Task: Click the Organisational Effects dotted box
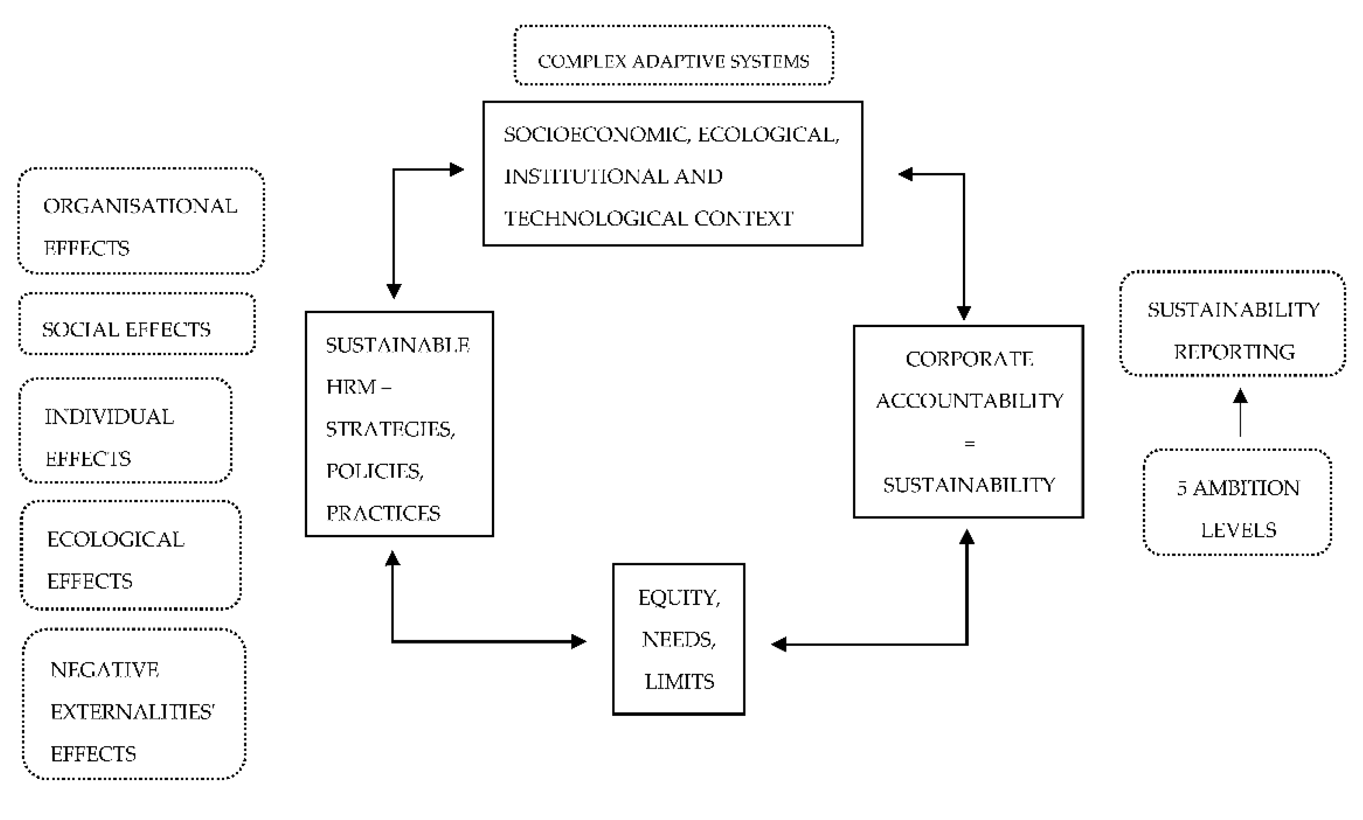coord(141,221)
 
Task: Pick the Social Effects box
coord(137,324)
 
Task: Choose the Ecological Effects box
coord(131,555)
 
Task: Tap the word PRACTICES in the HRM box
coord(383,513)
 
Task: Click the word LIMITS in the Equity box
coord(679,682)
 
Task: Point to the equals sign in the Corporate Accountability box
coord(969,444)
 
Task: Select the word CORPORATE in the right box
coord(969,360)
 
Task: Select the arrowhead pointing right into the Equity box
coord(578,641)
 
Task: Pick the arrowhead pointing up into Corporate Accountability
coord(967,537)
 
